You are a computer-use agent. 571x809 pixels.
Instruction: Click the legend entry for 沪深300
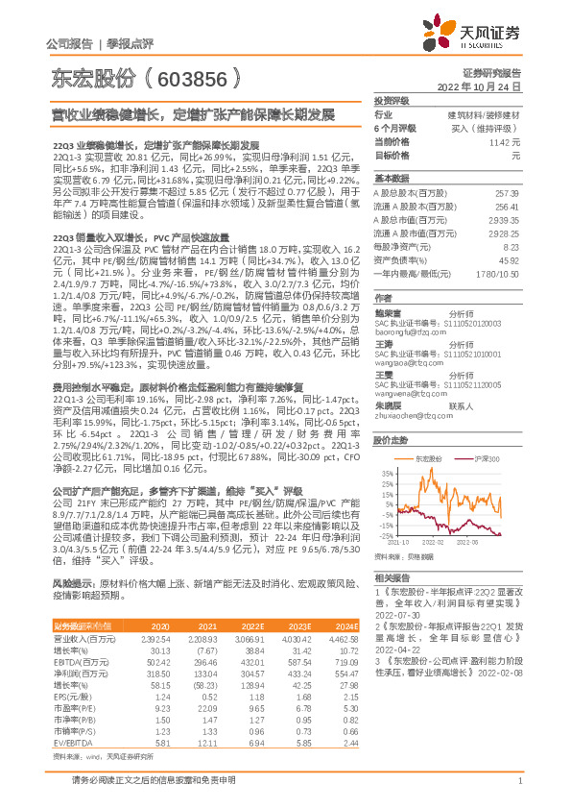click(x=485, y=460)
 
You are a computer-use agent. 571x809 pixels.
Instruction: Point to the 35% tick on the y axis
click(x=387, y=474)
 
